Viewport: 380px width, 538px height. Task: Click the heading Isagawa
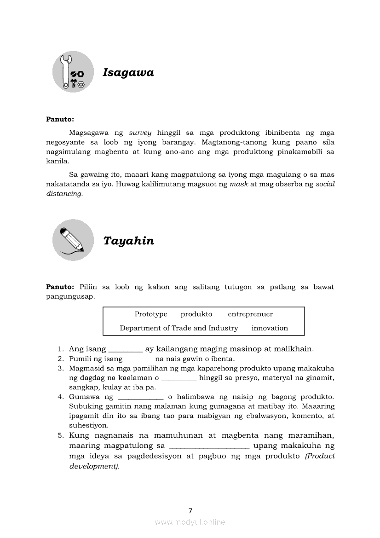click(128, 73)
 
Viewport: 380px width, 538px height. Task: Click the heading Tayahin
click(128, 241)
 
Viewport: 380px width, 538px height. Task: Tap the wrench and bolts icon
click(73, 72)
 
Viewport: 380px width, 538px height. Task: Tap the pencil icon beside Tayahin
click(73, 240)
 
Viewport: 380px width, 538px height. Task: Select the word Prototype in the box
click(151, 314)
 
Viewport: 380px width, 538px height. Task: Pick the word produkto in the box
click(196, 314)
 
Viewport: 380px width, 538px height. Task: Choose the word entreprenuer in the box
click(250, 314)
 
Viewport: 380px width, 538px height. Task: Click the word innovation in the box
click(270, 328)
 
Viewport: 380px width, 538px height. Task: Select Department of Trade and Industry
click(179, 328)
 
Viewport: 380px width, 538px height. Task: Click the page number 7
click(190, 510)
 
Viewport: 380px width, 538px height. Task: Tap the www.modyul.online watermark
click(190, 522)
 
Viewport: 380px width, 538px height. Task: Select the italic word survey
click(140, 133)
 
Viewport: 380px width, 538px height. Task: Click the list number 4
click(60, 397)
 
